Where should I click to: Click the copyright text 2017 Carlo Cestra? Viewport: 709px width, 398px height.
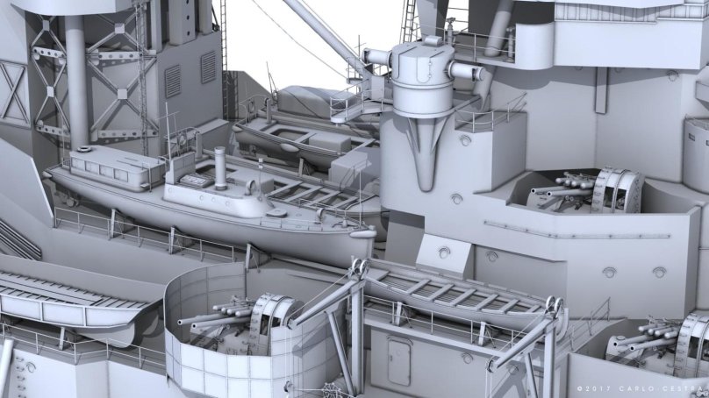click(642, 389)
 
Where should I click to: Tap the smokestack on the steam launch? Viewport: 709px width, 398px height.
click(220, 168)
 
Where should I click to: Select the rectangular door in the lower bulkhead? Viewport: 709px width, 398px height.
click(399, 361)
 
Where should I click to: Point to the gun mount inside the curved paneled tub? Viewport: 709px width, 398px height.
click(240, 322)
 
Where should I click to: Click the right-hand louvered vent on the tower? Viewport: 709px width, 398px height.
click(208, 68)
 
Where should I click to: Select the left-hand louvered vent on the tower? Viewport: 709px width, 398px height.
click(173, 82)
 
